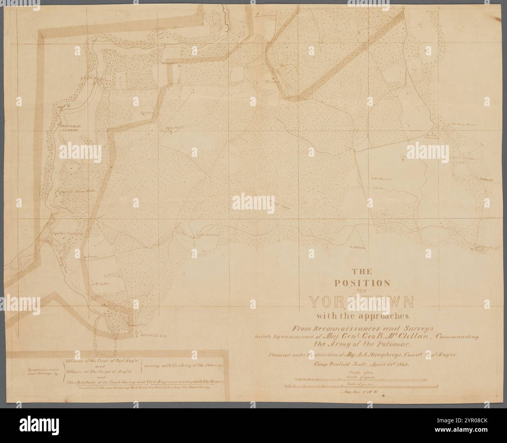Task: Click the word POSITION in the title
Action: (365, 283)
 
